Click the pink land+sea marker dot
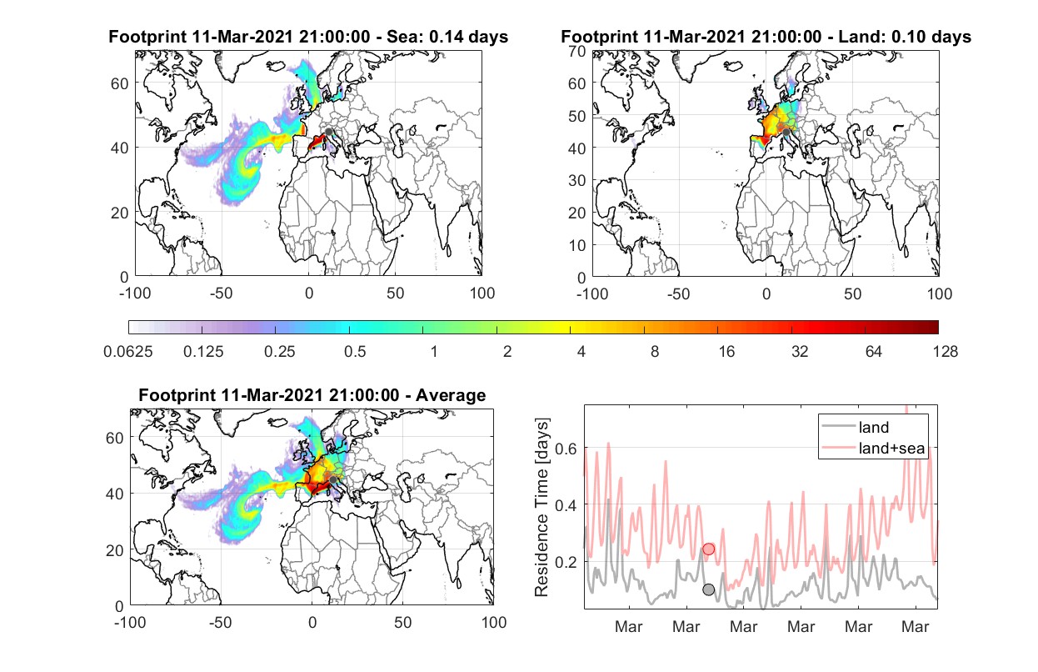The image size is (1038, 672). (x=709, y=549)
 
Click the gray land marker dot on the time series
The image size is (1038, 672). (x=709, y=589)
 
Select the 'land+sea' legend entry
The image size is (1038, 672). (x=873, y=448)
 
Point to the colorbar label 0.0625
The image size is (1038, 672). (x=128, y=352)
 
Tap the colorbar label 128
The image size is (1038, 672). (x=945, y=352)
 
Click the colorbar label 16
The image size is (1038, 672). (x=726, y=352)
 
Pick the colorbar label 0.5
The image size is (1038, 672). (x=355, y=352)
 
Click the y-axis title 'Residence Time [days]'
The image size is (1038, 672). (x=541, y=508)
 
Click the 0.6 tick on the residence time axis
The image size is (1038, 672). (x=566, y=449)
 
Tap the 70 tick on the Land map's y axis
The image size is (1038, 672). (x=577, y=51)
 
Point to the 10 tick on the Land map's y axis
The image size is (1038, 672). (x=577, y=245)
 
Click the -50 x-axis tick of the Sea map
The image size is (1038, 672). (x=221, y=293)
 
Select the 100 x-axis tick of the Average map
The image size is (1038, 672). (x=494, y=622)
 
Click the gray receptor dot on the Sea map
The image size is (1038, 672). (x=328, y=132)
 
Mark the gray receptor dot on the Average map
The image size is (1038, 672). (x=332, y=479)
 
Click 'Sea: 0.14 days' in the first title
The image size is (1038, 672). (x=447, y=37)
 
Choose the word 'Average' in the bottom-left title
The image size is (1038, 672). (x=451, y=395)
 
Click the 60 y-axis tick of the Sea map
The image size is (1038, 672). (x=120, y=83)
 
